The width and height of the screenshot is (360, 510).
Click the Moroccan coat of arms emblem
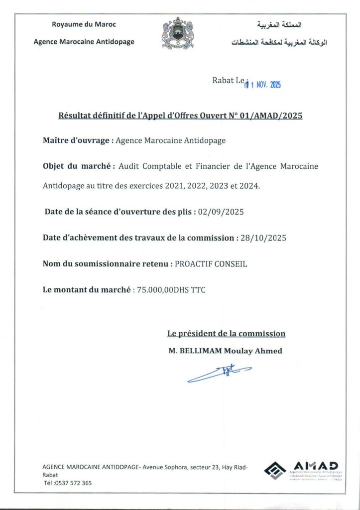(x=177, y=33)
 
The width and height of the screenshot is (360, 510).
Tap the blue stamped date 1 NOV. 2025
(x=262, y=85)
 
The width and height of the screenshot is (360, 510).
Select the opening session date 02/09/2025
(x=221, y=212)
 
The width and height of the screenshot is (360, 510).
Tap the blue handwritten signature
(x=219, y=372)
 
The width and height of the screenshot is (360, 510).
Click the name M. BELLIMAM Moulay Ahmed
(x=225, y=351)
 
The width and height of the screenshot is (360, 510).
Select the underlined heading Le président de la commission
(x=226, y=334)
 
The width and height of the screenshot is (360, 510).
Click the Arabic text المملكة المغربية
(x=279, y=24)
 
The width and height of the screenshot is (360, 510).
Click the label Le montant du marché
(x=87, y=289)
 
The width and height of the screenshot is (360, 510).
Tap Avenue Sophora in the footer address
(x=166, y=467)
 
